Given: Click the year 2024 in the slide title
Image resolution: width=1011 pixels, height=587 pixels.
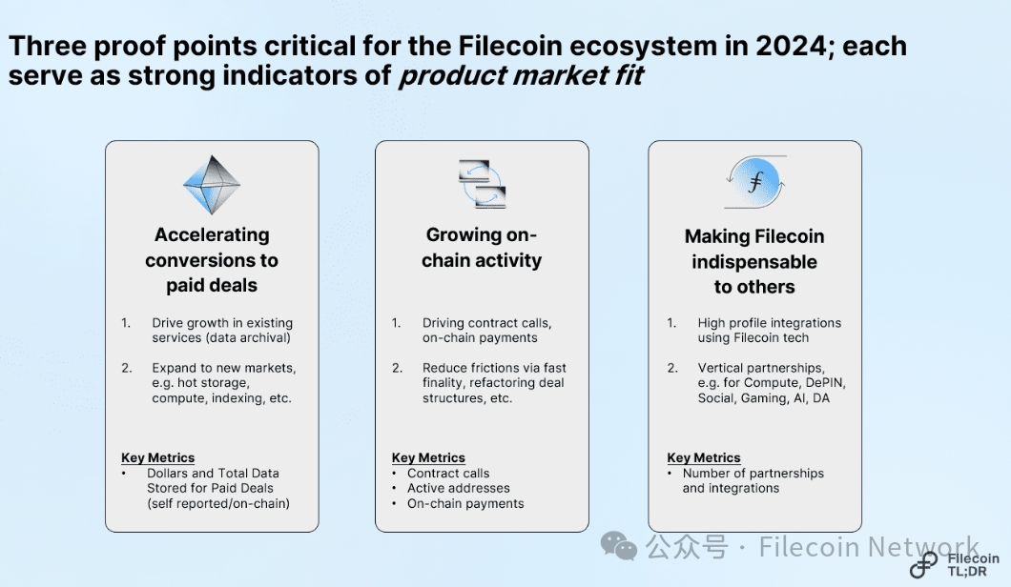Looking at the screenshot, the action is tap(791, 46).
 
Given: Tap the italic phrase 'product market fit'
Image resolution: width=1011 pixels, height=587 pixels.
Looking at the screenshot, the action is tap(521, 75).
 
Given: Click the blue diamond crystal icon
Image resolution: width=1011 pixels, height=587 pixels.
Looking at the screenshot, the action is tap(212, 185).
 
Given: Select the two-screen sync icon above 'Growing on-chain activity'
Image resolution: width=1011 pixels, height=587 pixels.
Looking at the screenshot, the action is tap(483, 184).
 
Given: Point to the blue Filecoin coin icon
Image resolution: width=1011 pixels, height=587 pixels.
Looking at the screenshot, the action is tap(755, 182).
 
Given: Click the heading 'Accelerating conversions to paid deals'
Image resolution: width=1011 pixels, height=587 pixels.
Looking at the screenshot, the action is tap(212, 260).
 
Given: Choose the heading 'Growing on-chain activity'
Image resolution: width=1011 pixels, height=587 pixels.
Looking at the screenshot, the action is tap(482, 248).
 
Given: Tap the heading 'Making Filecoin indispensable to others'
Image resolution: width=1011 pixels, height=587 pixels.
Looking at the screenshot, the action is tap(754, 262).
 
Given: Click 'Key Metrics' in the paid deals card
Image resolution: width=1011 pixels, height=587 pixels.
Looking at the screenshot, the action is tap(158, 457).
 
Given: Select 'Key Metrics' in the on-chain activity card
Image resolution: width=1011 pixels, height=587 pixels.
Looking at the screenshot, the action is tap(428, 457).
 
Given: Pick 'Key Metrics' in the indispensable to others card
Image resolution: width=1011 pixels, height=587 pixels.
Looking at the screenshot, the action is tap(704, 457).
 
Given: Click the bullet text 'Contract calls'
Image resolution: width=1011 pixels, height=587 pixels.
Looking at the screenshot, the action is tap(448, 473).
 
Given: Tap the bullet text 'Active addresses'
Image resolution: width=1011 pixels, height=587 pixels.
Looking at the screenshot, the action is tap(459, 489).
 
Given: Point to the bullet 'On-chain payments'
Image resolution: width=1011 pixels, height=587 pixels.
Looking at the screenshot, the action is tap(465, 504).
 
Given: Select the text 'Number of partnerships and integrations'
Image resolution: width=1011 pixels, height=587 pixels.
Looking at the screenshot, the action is tap(753, 480).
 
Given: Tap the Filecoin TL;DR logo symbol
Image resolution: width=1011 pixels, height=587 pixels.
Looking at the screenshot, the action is tap(923, 564).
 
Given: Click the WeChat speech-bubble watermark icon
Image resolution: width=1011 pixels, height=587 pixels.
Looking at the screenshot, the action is tap(619, 546).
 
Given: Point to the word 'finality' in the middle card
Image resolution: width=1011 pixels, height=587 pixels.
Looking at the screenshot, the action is tap(443, 383).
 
